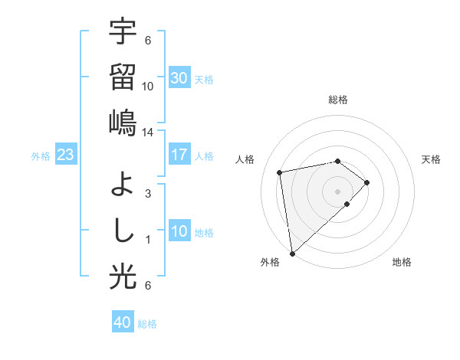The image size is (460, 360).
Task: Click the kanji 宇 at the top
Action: pos(123,32)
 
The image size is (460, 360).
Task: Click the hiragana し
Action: pos(123,230)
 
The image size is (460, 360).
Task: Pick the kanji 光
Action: pos(123,277)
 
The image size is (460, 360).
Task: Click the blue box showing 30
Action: pos(179,78)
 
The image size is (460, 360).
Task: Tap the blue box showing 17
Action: pos(179,155)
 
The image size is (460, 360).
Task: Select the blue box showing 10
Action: pos(179,231)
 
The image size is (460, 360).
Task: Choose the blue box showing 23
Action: pos(65,155)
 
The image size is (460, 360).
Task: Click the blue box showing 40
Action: pos(123,322)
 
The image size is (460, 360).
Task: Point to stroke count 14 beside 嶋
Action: pos(148,132)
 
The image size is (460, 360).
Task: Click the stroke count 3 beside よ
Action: pos(148,193)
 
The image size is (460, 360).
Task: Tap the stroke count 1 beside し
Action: pos(148,240)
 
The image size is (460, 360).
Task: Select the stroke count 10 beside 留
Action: pos(148,86)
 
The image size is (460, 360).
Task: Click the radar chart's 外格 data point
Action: pos(291,253)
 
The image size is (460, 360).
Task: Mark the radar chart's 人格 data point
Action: pos(281,172)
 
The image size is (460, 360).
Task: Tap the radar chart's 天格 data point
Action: pos(367,182)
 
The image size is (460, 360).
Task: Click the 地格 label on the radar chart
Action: pos(402,263)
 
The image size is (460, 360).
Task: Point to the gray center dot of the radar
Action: pos(337,191)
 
